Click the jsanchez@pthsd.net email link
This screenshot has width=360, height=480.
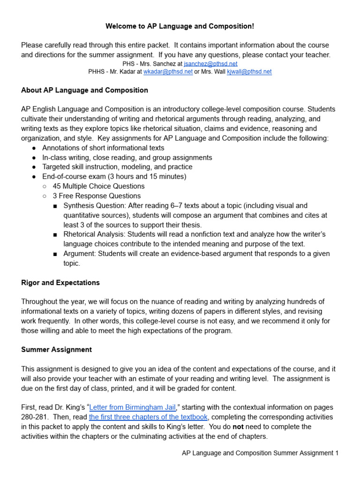pos(210,63)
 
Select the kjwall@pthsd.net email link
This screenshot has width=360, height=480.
pos(249,72)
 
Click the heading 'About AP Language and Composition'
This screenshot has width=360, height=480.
pos(84,90)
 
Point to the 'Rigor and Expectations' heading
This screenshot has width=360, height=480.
pos(60,283)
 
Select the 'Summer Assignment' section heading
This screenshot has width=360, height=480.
pos(56,350)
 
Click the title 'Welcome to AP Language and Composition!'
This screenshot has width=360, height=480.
pos(180,27)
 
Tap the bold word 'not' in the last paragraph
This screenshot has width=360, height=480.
pos(239,427)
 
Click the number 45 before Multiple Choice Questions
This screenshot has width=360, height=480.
pos(57,186)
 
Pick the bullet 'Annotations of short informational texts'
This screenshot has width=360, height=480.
pos(103,148)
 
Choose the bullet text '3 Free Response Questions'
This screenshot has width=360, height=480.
pos(97,196)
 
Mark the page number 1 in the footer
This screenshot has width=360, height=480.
pos(336,453)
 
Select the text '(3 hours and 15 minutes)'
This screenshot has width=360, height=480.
pos(147,176)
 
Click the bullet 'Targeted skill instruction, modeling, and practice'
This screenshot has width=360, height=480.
pos(117,167)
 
